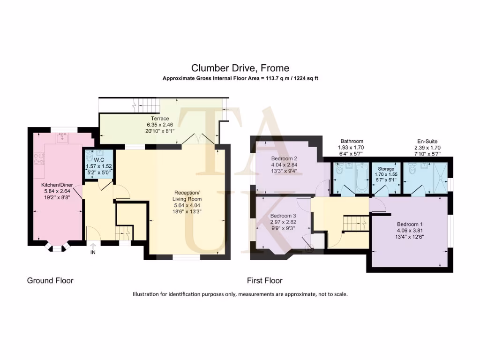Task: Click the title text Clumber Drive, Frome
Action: (240, 68)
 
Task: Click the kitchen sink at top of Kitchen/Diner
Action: (62, 137)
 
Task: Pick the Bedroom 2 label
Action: (284, 158)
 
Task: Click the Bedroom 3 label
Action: (283, 216)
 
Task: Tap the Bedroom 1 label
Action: (409, 224)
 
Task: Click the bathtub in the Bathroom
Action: (361, 178)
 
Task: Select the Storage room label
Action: (383, 168)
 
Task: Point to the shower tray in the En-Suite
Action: (439, 178)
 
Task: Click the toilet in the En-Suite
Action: (412, 169)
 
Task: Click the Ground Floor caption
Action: (50, 281)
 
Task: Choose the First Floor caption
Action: (265, 281)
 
